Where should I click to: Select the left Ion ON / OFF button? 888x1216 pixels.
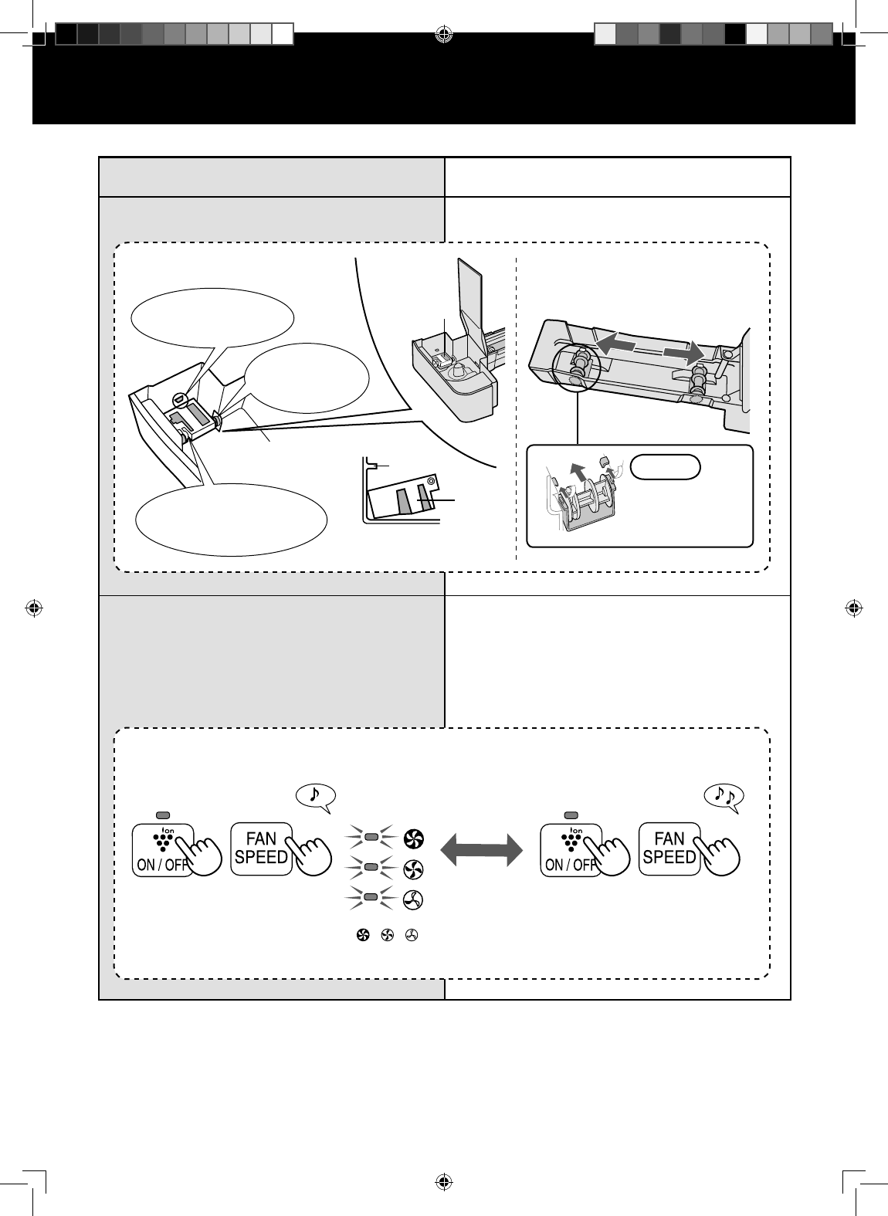[x=163, y=849]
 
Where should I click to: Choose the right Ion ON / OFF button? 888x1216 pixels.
[x=571, y=849]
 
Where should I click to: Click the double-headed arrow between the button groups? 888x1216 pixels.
[x=482, y=850]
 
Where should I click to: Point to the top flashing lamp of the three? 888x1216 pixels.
[x=371, y=837]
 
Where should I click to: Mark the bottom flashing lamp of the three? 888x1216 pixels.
[x=371, y=897]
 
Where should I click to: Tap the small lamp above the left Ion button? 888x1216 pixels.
[x=163, y=815]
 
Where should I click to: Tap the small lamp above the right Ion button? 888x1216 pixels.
[x=571, y=815]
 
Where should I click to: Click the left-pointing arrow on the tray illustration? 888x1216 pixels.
[x=616, y=343]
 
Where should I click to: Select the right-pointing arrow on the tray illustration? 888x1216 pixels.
[x=684, y=353]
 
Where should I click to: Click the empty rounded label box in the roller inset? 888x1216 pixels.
[x=666, y=467]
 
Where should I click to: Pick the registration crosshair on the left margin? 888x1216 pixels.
[x=34, y=608]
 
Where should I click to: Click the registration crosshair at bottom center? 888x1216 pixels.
[x=444, y=1182]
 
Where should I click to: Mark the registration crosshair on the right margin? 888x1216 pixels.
[x=854, y=608]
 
